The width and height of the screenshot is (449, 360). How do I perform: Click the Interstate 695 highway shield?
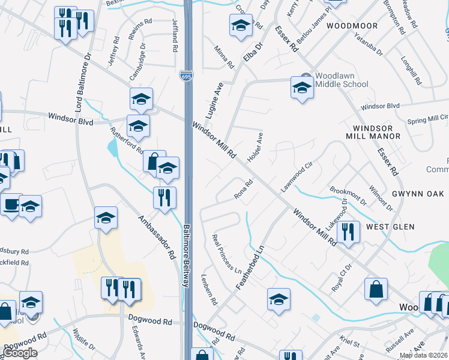[186, 76]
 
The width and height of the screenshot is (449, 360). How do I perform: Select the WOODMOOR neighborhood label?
[352, 26]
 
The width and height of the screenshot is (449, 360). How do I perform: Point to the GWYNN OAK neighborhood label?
[416, 194]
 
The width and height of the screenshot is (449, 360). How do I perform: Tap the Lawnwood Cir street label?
[297, 177]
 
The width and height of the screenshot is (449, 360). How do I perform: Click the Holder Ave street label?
[255, 147]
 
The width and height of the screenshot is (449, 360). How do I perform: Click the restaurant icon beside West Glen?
[348, 231]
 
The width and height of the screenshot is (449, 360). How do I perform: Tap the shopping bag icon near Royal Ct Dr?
[376, 289]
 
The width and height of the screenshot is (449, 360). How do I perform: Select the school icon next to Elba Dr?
[241, 25]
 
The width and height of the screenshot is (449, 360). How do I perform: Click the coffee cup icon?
[10, 204]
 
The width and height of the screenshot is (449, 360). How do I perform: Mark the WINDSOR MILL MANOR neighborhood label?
[376, 132]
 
